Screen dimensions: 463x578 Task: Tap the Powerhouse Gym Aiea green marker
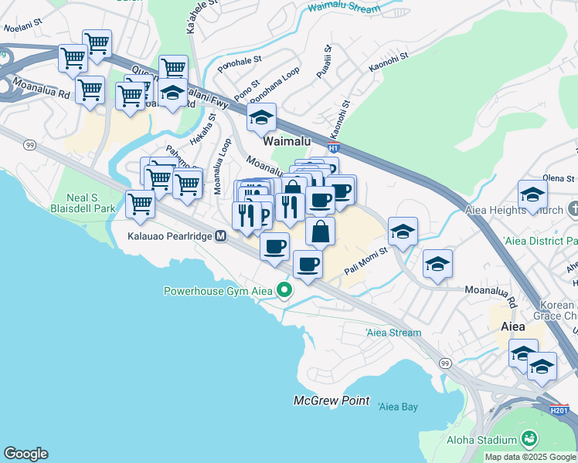coord(285,291)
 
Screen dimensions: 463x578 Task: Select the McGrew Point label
coord(331,401)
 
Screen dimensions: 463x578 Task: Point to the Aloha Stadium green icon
coord(529,439)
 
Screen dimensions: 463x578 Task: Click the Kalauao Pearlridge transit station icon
coord(220,235)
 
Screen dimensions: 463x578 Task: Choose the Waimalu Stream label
coord(344,8)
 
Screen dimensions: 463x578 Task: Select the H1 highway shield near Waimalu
coord(334,147)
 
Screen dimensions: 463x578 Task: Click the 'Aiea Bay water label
coord(398,407)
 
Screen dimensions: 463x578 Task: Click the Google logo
coord(25,454)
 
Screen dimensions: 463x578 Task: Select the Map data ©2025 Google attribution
coord(530,457)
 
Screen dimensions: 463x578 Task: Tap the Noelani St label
coord(22,27)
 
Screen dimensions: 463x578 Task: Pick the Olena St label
coord(559,178)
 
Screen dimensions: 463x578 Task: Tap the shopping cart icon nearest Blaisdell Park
coord(140,204)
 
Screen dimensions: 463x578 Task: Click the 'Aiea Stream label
coord(393,333)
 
